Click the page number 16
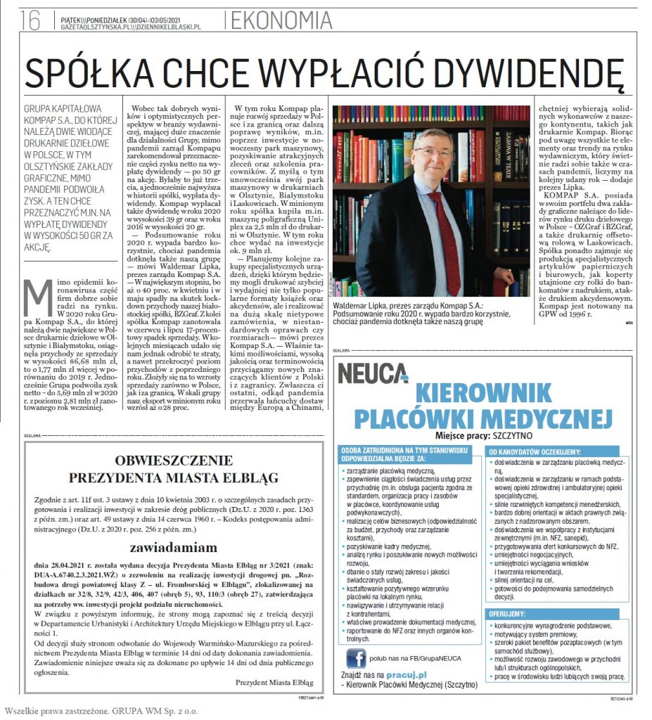pyautogui.click(x=30, y=20)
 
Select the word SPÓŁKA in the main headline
pyautogui.click(x=83, y=72)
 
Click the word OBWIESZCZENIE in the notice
pyautogui.click(x=160, y=461)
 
